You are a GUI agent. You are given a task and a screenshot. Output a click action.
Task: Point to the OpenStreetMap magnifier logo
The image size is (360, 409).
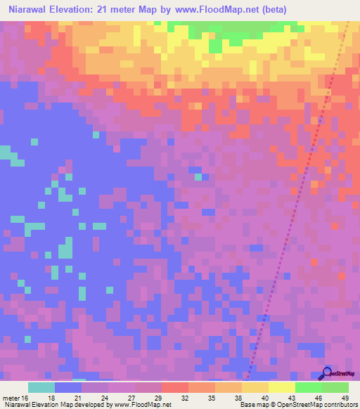pyautogui.click(x=326, y=373)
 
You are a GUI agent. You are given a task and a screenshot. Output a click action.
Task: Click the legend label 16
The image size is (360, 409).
pyautogui.click(x=27, y=398)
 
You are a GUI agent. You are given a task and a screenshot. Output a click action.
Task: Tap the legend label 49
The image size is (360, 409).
pyautogui.click(x=345, y=398)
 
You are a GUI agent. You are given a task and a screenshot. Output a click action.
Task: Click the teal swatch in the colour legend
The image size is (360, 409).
pyautogui.click(x=41, y=387)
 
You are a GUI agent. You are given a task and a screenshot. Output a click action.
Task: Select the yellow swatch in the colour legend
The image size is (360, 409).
pyautogui.click(x=281, y=387)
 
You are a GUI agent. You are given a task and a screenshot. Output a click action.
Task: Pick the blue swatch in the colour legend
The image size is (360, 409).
pyautogui.click(x=68, y=387)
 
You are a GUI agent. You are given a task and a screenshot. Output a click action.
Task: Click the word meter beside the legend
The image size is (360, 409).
pyautogui.click(x=11, y=398)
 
